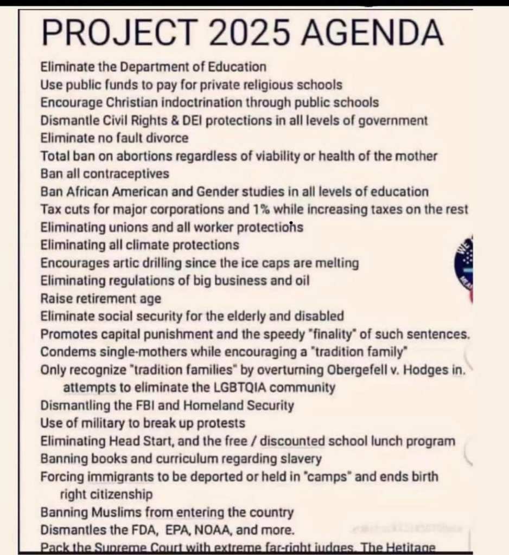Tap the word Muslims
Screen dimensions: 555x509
click(x=111, y=512)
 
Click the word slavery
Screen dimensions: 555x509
click(x=301, y=459)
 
